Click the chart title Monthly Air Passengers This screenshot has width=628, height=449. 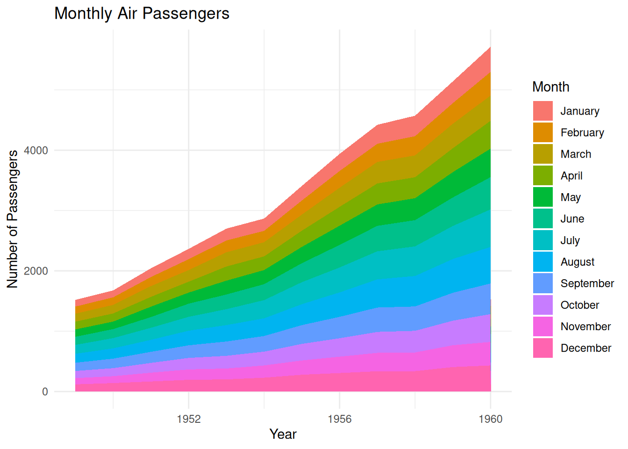142,14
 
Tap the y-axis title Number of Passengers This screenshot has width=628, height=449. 13,219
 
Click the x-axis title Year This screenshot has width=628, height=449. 283,434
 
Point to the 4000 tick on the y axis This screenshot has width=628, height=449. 36,150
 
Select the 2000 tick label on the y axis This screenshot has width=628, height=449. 36,271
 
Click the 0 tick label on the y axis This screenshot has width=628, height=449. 45,391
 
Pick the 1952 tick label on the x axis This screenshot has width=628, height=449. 189,419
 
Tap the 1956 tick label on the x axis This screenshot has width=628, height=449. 340,419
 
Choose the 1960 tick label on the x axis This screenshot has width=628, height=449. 490,419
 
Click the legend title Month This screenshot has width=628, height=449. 550,87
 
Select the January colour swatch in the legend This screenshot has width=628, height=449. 543,111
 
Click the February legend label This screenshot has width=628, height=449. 582,133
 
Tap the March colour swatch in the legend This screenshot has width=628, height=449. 543,154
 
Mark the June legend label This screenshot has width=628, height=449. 572,219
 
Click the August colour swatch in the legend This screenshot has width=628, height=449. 543,261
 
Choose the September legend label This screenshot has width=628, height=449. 587,283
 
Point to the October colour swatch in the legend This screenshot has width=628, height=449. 543,305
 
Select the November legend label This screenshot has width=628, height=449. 585,326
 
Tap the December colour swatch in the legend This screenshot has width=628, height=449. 543,348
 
